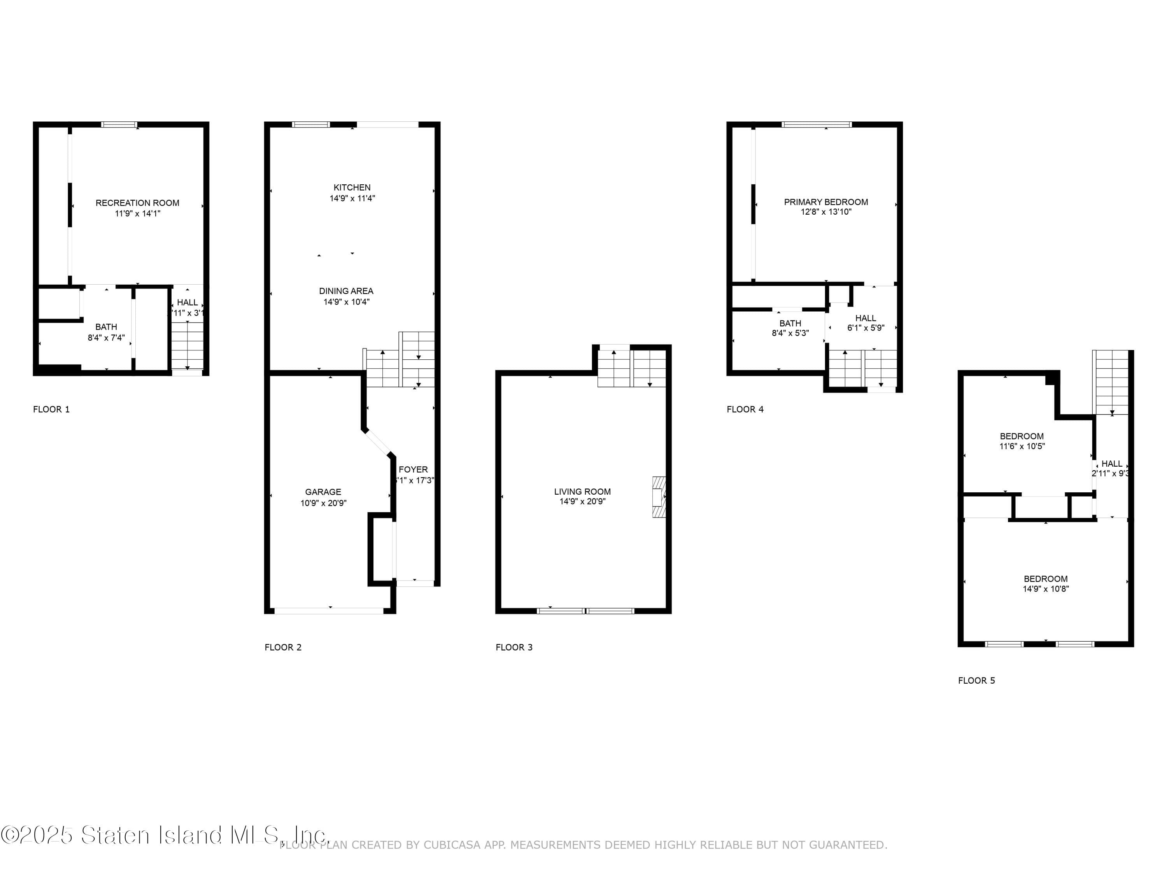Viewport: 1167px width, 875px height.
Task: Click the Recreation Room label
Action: click(137, 203)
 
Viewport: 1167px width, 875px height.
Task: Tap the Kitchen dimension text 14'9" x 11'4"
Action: click(352, 199)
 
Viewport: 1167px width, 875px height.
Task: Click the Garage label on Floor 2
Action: click(323, 492)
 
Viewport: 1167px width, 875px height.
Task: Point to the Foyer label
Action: click(413, 469)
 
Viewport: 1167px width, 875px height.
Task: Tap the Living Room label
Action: click(582, 492)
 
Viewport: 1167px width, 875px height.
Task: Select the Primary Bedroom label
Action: click(826, 202)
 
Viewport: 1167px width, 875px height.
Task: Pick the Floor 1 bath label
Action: click(106, 327)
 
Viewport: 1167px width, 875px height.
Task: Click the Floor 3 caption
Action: click(514, 647)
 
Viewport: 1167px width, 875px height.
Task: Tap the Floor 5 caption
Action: click(976, 681)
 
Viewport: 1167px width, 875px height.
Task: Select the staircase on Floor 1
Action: click(187, 345)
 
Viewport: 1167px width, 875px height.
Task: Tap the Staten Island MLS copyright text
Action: click(163, 835)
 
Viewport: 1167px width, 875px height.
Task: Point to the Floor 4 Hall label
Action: click(865, 318)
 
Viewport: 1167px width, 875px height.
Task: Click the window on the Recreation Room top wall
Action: click(119, 125)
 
